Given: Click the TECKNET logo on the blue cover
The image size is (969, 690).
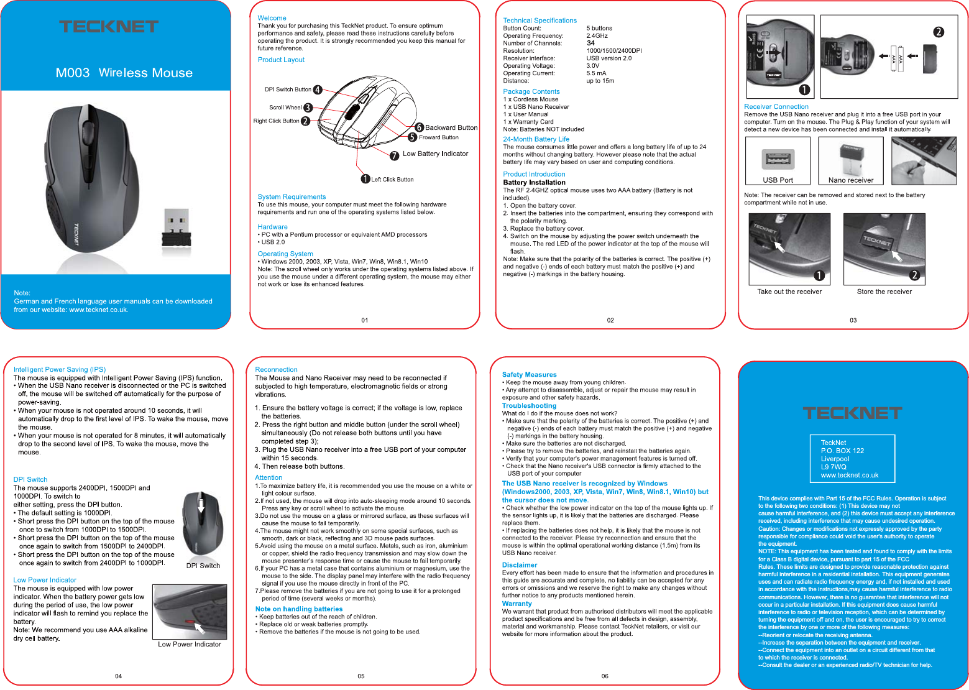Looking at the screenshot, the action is click(109, 26).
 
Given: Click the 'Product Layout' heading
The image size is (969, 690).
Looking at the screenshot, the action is click(281, 60).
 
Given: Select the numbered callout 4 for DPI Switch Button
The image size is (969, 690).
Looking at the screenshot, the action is click(318, 90).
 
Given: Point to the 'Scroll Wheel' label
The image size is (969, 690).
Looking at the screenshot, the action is click(285, 108).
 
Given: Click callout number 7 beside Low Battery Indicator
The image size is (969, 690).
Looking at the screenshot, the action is click(394, 155).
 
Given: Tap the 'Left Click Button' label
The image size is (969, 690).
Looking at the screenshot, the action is click(392, 180).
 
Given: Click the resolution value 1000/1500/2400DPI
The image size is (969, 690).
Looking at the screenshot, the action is click(614, 51).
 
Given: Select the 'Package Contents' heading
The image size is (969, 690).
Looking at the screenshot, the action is click(531, 91).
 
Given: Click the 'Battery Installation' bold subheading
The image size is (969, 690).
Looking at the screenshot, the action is click(534, 182).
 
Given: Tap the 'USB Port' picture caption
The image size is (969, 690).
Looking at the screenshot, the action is click(778, 180).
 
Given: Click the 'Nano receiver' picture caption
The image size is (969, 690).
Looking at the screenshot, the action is click(851, 180).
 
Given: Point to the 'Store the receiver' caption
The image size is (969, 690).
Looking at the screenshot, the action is click(884, 292).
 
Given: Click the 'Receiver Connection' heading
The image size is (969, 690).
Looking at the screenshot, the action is click(776, 106).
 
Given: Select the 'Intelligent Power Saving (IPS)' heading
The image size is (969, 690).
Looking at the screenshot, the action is click(60, 369).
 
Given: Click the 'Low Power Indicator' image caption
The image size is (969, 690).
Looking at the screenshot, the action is click(190, 644).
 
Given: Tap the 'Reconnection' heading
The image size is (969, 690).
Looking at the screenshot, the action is click(276, 369).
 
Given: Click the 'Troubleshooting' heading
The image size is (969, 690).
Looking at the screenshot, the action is click(529, 405).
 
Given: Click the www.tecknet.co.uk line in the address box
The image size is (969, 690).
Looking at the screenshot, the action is click(850, 475).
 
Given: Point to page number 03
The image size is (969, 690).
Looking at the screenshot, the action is click(853, 320).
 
